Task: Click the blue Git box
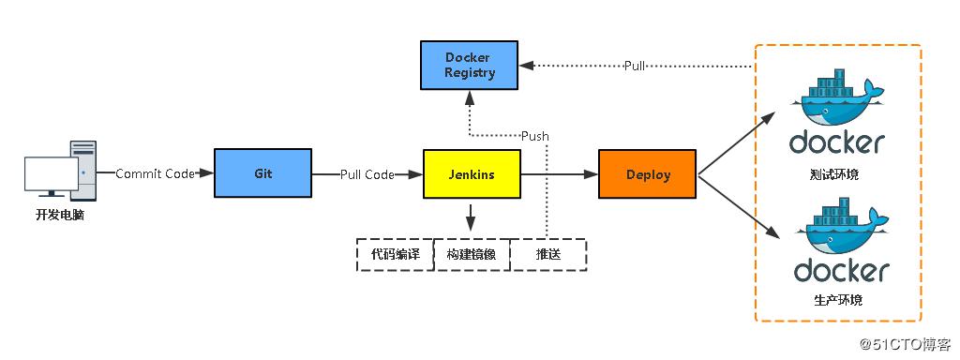[x=263, y=173]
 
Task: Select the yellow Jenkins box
[x=471, y=173]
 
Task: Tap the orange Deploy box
[x=647, y=173]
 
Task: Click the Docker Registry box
[x=469, y=65]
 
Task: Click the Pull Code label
[x=367, y=173]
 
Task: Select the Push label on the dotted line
[x=535, y=136]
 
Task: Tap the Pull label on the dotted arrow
[x=635, y=66]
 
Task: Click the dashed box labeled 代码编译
[x=395, y=255]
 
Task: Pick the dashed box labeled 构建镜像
[x=472, y=255]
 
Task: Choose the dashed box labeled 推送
[x=548, y=255]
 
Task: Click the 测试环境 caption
[x=837, y=175]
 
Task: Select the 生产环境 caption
[x=838, y=300]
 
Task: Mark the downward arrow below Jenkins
[x=471, y=219]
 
